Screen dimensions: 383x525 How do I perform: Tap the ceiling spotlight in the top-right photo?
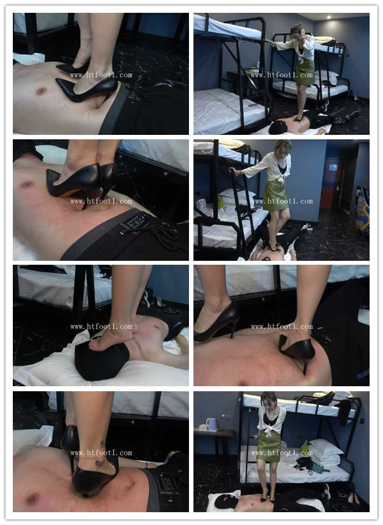coord(329,17)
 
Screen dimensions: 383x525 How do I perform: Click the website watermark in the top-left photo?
coord(101,75)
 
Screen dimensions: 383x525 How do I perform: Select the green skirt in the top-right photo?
coord(305,72)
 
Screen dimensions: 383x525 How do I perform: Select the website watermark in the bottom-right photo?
coord(282,453)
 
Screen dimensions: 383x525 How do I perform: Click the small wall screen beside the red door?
coord(334,167)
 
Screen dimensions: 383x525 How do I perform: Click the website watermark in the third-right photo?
coord(282,327)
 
